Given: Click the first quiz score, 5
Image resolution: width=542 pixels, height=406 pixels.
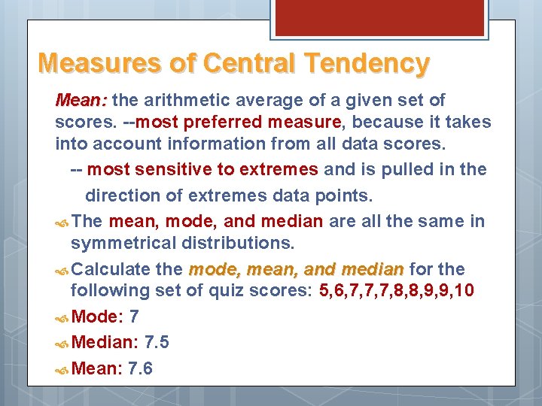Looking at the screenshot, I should click(324, 291).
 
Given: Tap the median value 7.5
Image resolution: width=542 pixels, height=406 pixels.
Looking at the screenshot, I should click(156, 343).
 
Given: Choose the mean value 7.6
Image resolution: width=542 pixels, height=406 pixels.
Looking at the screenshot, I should click(140, 368).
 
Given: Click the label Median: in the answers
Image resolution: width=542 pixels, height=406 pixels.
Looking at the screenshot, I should click(105, 343).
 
